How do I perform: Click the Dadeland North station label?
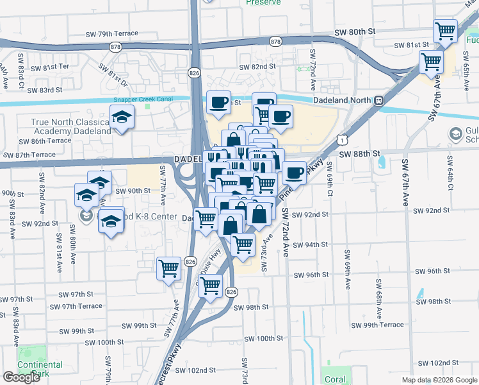click(343, 100)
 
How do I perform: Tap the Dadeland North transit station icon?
click(379, 100)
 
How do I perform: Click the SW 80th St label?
click(353, 31)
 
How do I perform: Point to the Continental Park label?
click(40, 368)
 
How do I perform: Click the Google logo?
click(21, 377)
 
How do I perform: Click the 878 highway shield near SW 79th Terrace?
click(116, 46)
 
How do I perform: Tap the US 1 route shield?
click(345, 139)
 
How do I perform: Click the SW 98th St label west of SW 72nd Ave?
click(251, 307)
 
